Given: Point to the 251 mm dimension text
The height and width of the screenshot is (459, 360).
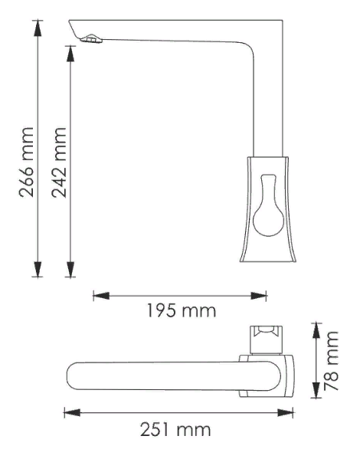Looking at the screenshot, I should pos(177,430).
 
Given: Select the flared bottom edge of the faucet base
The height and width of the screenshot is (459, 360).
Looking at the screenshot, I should pos(269,261).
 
